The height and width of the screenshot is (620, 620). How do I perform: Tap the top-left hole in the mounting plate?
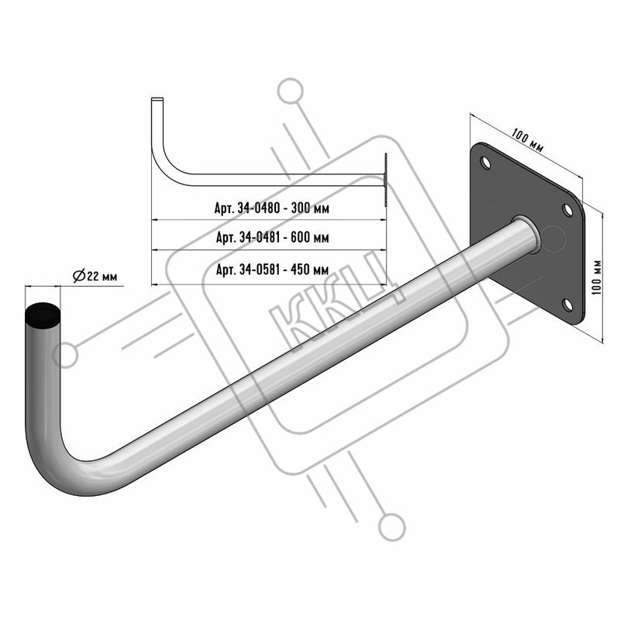(x=485, y=163)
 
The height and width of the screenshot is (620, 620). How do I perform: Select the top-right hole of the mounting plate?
(x=567, y=210)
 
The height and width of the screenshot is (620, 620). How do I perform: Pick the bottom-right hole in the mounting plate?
(x=567, y=305)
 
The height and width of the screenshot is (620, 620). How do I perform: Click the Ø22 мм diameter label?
(x=95, y=276)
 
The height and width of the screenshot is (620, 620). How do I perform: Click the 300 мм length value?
(x=310, y=208)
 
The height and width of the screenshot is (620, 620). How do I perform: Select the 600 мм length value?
(x=309, y=237)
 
